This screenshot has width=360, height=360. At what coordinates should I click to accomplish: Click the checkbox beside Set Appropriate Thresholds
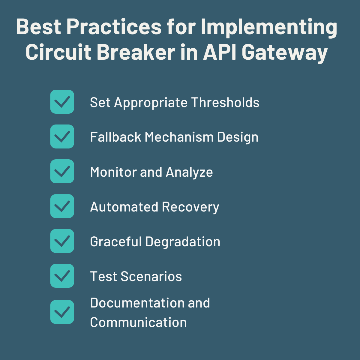pyautogui.click(x=62, y=102)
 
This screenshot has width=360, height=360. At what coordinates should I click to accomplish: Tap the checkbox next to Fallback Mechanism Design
pyautogui.click(x=62, y=136)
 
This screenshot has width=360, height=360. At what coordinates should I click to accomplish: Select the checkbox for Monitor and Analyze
pyautogui.click(x=62, y=171)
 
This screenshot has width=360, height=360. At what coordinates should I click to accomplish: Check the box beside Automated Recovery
pyautogui.click(x=62, y=206)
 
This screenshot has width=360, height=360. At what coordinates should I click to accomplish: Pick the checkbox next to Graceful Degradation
pyautogui.click(x=62, y=241)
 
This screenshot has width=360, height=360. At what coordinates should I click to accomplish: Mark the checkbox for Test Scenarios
pyautogui.click(x=62, y=276)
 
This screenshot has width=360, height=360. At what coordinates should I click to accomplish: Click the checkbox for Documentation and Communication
pyautogui.click(x=62, y=312)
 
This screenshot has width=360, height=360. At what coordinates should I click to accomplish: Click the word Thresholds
pyautogui.click(x=225, y=103)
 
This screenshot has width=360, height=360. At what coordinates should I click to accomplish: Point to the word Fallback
pyautogui.click(x=115, y=137)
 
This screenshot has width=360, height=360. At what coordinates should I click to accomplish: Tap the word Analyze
pyautogui.click(x=189, y=172)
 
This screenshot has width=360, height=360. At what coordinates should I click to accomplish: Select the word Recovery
pyautogui.click(x=190, y=207)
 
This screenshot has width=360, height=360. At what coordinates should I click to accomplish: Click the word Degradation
pyautogui.click(x=183, y=242)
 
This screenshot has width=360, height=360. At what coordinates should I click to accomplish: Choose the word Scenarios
pyautogui.click(x=151, y=277)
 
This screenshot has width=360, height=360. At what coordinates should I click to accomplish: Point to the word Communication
pyautogui.click(x=138, y=322)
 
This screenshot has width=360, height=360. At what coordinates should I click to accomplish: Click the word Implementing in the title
pyautogui.click(x=269, y=28)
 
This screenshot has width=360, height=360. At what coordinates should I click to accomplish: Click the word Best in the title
pyautogui.click(x=39, y=27)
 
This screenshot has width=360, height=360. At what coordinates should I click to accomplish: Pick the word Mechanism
pyautogui.click(x=179, y=137)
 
